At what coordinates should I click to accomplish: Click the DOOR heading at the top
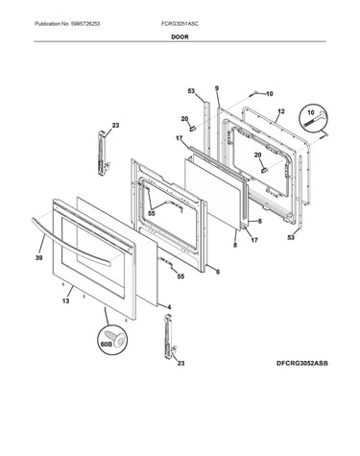(180, 36)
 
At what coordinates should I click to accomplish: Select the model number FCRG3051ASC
(180, 24)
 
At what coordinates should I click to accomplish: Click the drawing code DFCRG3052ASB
(302, 363)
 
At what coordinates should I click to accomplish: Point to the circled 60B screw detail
(112, 340)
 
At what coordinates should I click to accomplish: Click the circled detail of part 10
(314, 119)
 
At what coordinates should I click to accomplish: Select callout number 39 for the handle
(38, 258)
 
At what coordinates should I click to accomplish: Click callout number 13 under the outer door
(65, 300)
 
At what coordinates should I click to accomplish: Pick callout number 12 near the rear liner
(281, 111)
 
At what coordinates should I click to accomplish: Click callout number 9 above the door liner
(217, 88)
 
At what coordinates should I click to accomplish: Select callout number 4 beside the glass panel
(169, 307)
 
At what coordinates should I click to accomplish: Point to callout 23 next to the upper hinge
(115, 126)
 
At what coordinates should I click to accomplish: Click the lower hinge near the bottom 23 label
(168, 336)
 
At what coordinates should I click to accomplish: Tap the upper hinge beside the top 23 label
(103, 153)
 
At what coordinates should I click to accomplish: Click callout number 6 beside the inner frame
(218, 272)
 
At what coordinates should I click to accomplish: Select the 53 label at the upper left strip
(191, 91)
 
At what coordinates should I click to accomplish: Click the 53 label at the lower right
(291, 237)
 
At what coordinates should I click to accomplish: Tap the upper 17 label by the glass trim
(179, 138)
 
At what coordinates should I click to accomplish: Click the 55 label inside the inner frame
(152, 213)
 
